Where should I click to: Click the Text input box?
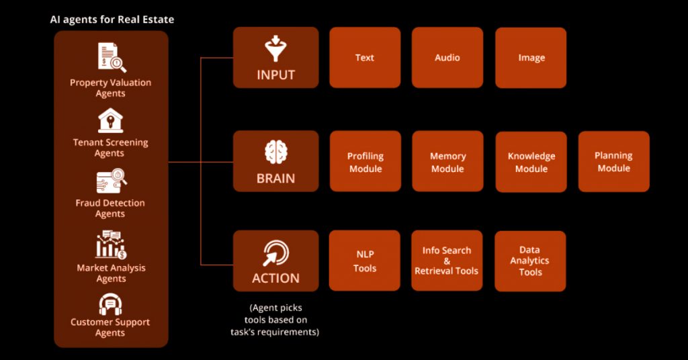click(x=365, y=58)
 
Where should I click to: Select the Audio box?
click(x=447, y=58)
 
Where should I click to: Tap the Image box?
click(x=531, y=58)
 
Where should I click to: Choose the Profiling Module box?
click(x=365, y=161)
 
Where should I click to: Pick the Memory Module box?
click(x=447, y=161)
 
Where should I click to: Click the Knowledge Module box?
click(x=531, y=162)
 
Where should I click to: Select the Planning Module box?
click(x=613, y=161)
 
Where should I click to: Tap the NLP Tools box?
click(x=364, y=261)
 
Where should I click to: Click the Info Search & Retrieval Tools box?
click(x=447, y=261)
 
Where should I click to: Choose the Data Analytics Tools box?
click(x=530, y=261)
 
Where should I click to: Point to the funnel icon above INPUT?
click(x=275, y=48)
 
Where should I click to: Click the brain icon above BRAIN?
click(x=276, y=152)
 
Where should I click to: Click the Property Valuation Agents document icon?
click(x=112, y=58)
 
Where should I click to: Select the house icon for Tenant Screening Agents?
click(x=110, y=121)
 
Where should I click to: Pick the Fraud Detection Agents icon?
click(x=112, y=181)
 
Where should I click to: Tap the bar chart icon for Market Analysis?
click(x=111, y=244)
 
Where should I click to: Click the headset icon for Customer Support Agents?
click(x=110, y=304)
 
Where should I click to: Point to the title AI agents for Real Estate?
click(x=112, y=19)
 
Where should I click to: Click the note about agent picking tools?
click(x=275, y=320)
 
